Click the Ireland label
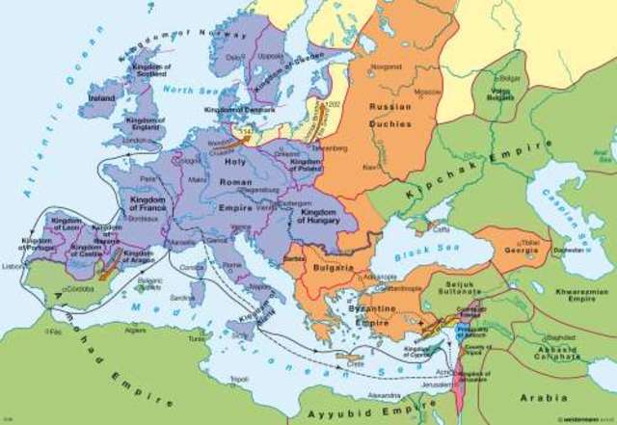(x=95, y=97)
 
